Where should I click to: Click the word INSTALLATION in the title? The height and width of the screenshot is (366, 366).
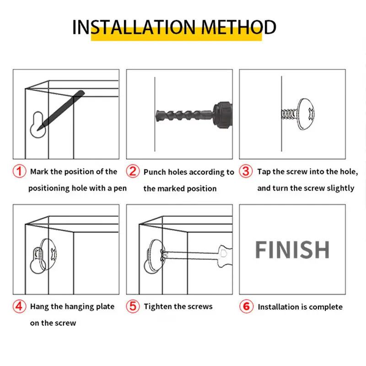tap(134, 27)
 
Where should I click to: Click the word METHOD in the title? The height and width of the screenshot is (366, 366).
tap(238, 27)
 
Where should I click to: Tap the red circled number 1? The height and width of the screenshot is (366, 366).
tap(19, 171)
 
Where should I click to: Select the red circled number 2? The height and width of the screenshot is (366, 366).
tap(133, 171)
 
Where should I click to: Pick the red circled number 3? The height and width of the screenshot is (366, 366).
tap(246, 171)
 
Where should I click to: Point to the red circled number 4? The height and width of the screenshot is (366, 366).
tap(19, 306)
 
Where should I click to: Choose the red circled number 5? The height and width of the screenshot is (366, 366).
tap(133, 306)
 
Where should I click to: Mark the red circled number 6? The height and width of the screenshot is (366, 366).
tap(247, 306)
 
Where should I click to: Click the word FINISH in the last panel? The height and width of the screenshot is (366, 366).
tap(292, 250)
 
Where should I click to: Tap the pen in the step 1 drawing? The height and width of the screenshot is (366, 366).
tap(61, 110)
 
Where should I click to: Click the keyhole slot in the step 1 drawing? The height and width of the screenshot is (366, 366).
tap(38, 124)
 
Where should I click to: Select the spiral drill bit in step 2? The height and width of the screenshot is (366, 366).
tap(184, 114)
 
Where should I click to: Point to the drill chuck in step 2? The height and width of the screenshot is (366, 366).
tap(223, 114)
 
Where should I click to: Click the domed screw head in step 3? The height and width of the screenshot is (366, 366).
tap(306, 114)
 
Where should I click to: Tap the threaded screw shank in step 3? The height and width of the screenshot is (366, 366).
tap(289, 114)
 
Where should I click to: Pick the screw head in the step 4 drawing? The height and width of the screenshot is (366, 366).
tap(48, 254)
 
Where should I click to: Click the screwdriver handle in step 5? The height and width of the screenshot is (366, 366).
tap(225, 256)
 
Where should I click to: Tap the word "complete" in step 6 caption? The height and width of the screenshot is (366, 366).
tap(325, 307)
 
